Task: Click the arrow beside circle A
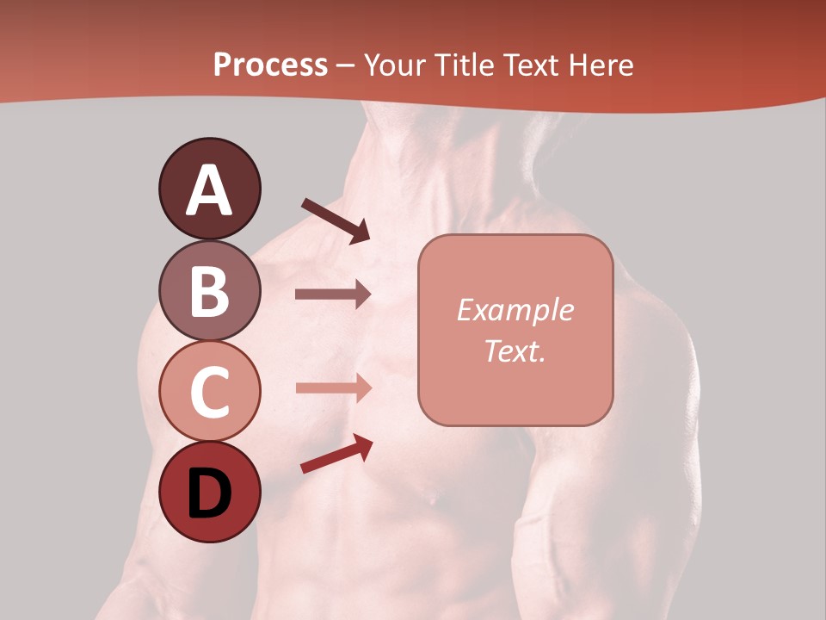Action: coord(335,220)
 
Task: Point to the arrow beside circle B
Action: coord(333,294)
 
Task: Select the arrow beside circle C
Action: coord(333,387)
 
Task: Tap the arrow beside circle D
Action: coord(336,454)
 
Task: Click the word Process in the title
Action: coord(270,65)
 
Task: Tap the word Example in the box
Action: coord(515,310)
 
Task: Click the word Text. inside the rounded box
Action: coord(515,350)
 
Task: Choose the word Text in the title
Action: coord(527,65)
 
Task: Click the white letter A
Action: coord(209,190)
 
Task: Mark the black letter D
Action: coord(209,495)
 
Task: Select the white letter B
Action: coord(209,292)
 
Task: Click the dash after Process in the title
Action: coord(346,66)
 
